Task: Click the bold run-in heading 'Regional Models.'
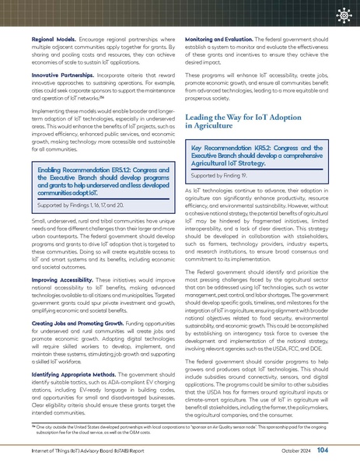[x=53, y=38]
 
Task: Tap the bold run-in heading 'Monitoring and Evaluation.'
[x=222, y=38]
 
